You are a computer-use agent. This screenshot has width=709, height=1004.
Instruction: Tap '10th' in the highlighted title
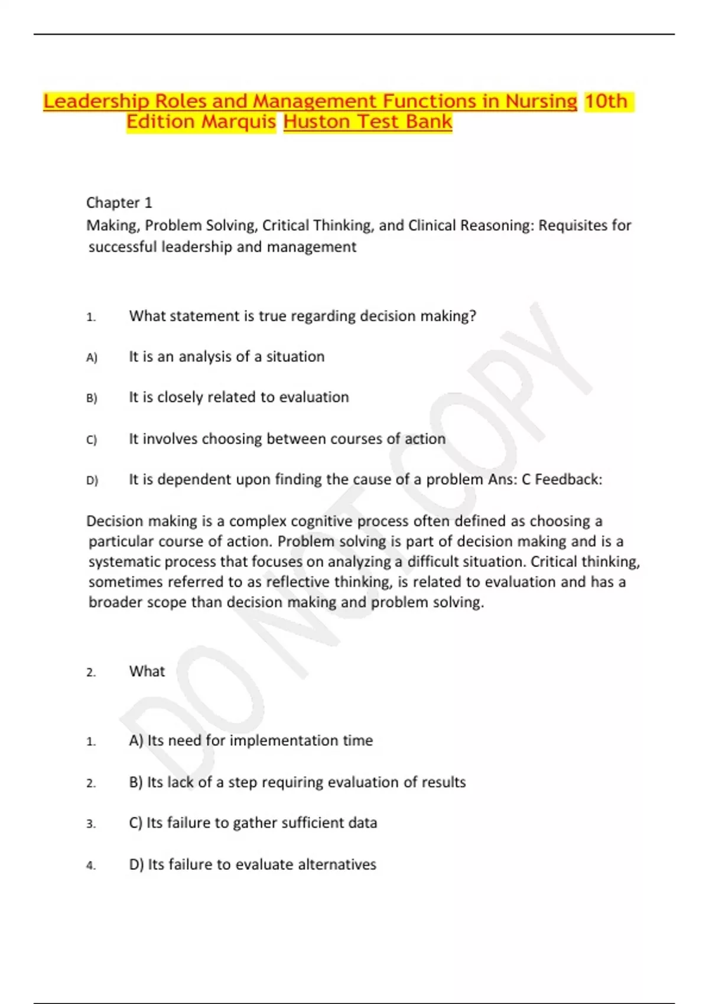point(606,102)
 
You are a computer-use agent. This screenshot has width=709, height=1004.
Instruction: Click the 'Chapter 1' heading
point(119,203)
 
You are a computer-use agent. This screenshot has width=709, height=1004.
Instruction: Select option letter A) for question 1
point(92,357)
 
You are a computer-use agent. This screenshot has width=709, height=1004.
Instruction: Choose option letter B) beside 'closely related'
point(92,398)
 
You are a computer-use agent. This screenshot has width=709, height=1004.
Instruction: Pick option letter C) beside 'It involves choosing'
point(92,439)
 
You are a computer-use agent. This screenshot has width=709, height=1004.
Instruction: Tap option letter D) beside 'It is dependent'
point(92,480)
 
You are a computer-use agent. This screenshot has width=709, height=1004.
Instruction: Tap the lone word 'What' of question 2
point(147,671)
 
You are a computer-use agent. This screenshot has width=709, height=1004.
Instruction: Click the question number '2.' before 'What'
point(91,673)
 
